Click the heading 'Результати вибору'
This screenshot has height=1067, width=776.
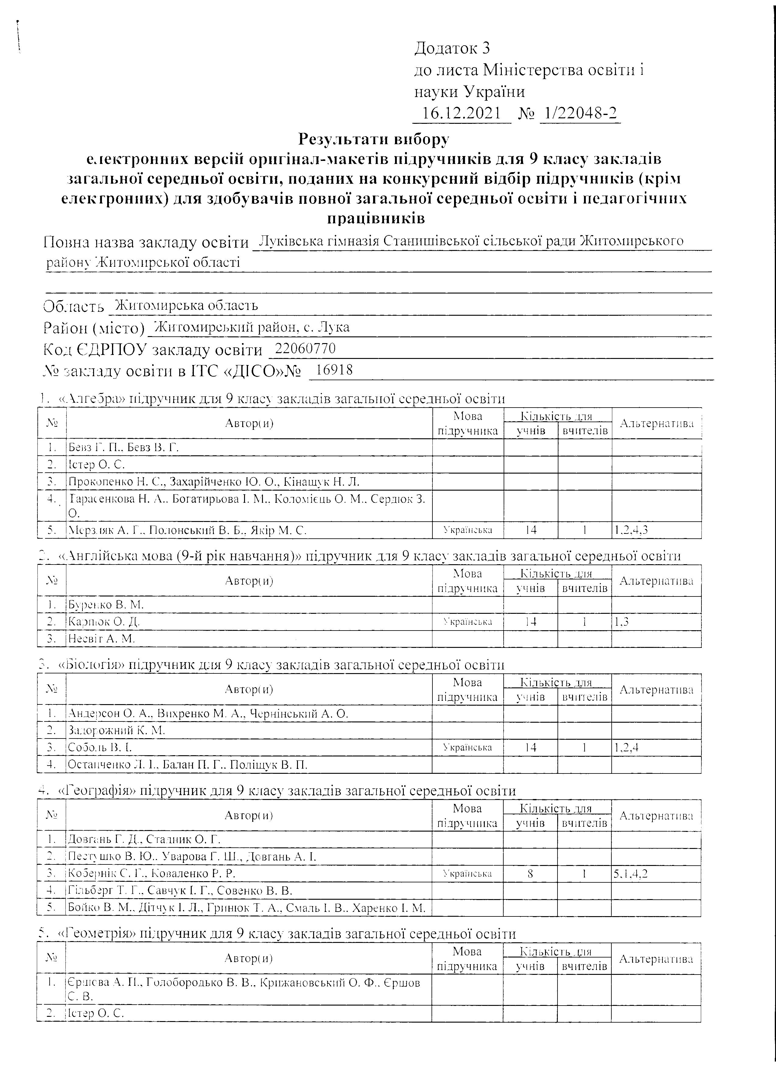tap(374, 139)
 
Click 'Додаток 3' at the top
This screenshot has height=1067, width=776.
tap(452, 48)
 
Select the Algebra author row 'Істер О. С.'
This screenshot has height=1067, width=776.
tap(96, 464)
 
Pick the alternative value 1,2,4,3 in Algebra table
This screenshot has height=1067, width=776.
tap(631, 530)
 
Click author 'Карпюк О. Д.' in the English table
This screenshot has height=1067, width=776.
tap(104, 621)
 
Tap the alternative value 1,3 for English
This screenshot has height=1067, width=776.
tap(622, 621)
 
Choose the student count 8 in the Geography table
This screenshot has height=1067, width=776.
tap(530, 874)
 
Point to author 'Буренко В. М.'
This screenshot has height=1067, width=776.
tap(106, 605)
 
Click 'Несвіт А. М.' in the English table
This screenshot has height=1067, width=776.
tap(102, 638)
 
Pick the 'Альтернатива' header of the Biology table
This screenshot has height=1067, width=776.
tap(656, 690)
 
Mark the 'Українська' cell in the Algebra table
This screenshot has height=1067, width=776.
tap(468, 530)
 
